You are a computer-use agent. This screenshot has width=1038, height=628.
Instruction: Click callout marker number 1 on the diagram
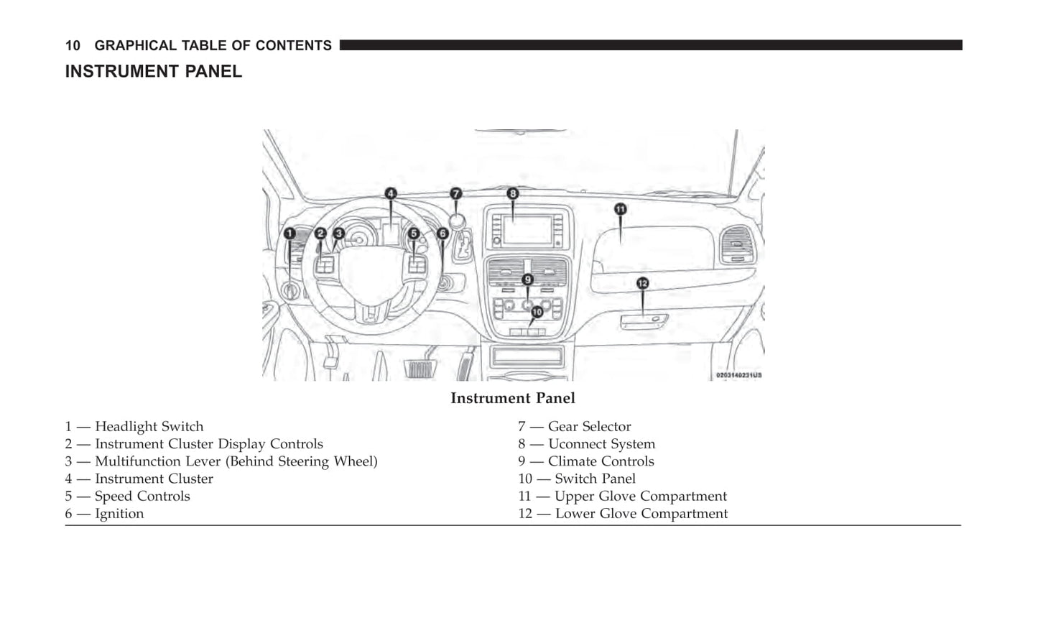coord(289,234)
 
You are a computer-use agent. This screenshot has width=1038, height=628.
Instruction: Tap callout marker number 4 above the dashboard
coord(390,193)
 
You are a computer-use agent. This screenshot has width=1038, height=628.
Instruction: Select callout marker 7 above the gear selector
coord(455,193)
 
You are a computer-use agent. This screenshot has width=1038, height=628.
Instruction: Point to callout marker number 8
coord(512,193)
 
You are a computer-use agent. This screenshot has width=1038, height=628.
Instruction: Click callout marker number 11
coord(620,209)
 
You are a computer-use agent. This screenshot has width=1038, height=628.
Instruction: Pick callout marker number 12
coord(642,283)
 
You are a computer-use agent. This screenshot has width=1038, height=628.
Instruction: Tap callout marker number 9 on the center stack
coord(528,280)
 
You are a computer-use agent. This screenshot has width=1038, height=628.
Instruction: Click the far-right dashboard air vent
coord(738,245)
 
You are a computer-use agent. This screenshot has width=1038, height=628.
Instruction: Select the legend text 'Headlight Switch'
coord(149,427)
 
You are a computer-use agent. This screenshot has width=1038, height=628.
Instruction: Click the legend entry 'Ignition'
coord(119,514)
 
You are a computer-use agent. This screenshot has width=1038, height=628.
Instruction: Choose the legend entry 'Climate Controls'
coord(601,461)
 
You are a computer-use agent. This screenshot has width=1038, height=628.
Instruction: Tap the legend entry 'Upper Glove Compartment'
coord(640,497)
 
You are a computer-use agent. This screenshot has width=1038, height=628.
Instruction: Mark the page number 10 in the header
coord(73,46)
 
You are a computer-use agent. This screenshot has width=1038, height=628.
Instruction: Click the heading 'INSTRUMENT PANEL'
coord(154,72)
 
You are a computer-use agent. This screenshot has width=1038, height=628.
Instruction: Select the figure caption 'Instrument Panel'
coord(512,398)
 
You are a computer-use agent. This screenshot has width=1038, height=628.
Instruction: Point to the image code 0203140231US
coord(738,375)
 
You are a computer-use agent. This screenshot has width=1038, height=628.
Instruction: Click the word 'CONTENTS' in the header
coord(293,46)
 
